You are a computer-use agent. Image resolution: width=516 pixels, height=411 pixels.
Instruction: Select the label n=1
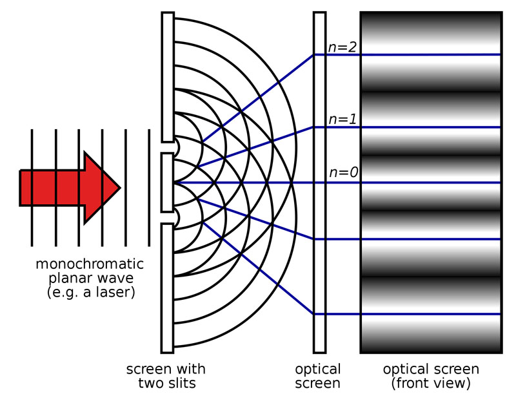[x=342, y=119]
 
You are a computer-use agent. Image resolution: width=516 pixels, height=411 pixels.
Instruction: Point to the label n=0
[x=343, y=173]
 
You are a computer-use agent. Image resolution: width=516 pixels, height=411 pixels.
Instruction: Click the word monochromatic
[x=90, y=264]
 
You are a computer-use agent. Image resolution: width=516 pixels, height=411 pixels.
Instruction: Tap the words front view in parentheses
[x=431, y=383]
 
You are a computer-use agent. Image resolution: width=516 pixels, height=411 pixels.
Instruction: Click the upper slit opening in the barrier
[x=168, y=147]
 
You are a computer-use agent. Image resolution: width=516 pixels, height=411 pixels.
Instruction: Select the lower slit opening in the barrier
[x=168, y=216]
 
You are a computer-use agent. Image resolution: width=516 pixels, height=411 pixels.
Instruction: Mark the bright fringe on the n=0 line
[x=431, y=182]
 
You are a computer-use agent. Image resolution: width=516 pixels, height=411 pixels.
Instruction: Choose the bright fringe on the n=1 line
[x=431, y=127]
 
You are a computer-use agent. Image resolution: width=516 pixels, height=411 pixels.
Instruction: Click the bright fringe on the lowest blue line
[x=431, y=314]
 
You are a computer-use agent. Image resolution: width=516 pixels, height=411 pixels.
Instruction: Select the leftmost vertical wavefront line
[x=32, y=187]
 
